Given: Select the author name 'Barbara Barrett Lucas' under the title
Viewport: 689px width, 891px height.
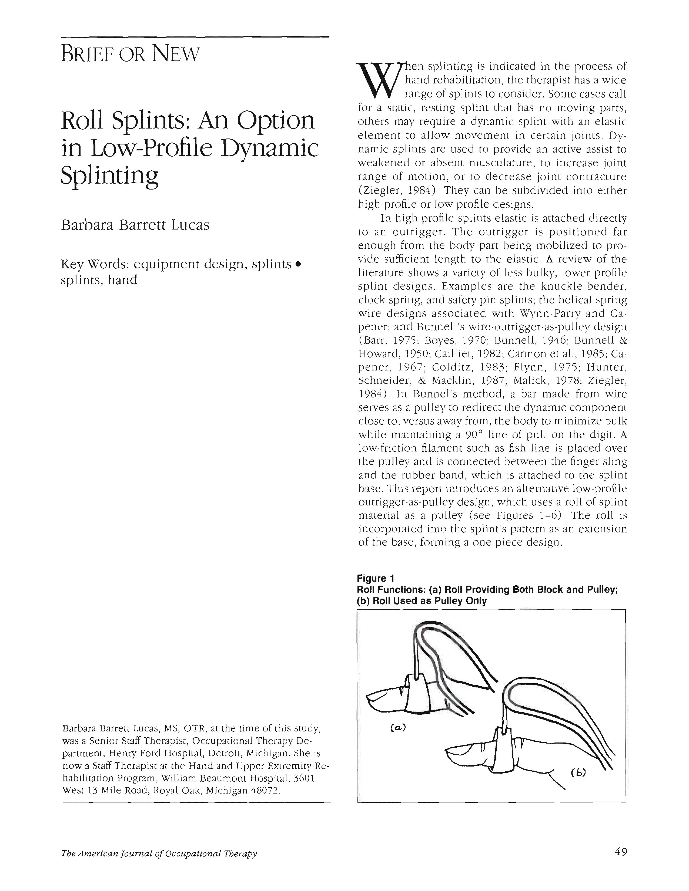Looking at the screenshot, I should (x=135, y=225).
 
